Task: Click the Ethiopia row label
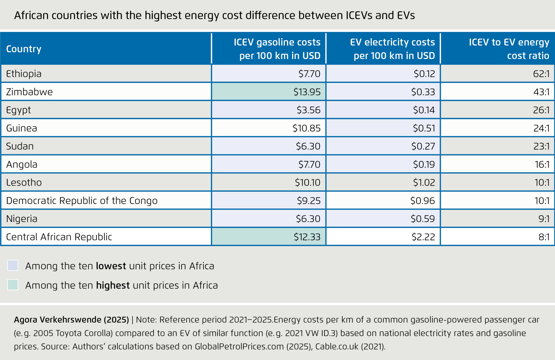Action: (24, 74)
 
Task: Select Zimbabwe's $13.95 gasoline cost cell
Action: (307, 92)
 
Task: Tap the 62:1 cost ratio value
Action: (541, 74)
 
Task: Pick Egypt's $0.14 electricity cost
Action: (424, 110)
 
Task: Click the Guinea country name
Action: (22, 128)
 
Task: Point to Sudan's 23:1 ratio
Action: (541, 146)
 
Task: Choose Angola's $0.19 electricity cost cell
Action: (424, 165)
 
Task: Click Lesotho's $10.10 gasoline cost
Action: (307, 182)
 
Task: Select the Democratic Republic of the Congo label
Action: (82, 201)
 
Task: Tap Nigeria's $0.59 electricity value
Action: (423, 219)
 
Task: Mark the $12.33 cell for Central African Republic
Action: (307, 237)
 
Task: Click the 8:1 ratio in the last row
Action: (544, 237)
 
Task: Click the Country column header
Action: (24, 49)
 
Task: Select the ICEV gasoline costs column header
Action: (277, 49)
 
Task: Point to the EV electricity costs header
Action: (392, 49)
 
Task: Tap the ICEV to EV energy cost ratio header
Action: (509, 49)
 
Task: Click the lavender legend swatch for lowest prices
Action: (13, 265)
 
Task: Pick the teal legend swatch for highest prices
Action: (13, 285)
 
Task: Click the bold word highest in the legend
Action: (113, 285)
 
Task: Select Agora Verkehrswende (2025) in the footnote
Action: (71, 320)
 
